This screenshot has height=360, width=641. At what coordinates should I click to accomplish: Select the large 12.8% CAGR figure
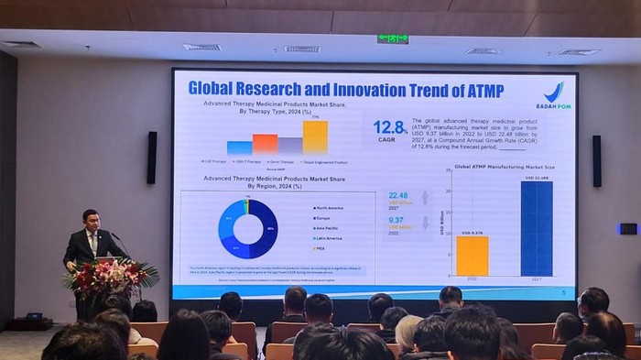click(x=389, y=127)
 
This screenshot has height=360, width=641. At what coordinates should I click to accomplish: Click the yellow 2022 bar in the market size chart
click(x=472, y=256)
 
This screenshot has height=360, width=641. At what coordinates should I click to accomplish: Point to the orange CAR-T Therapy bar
click(x=265, y=143)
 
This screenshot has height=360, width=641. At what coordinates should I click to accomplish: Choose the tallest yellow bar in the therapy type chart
click(x=315, y=137)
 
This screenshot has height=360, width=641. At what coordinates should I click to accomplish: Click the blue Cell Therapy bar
click(x=240, y=147)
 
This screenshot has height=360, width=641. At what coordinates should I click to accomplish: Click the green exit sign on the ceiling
click(x=393, y=39)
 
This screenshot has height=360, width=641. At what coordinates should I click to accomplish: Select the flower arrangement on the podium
click(x=111, y=276)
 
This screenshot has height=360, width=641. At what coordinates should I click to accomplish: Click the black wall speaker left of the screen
click(x=152, y=158)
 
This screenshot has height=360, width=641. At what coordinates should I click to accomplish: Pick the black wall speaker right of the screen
click(x=596, y=161)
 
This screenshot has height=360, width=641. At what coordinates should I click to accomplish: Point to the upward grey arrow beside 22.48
click(x=424, y=197)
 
